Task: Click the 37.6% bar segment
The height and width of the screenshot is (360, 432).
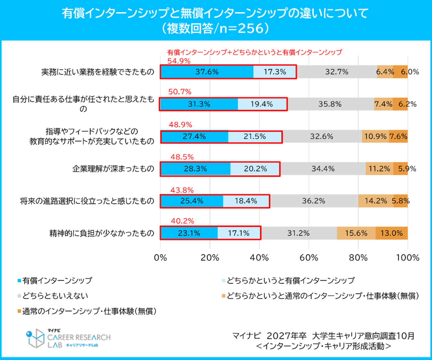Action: pyautogui.click(x=207, y=72)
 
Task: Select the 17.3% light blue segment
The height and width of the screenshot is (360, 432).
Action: pyautogui.click(x=274, y=72)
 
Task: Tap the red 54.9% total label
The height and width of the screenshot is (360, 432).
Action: pyautogui.click(x=179, y=61)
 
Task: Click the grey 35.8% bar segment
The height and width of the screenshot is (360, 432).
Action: pyautogui.click(x=330, y=104)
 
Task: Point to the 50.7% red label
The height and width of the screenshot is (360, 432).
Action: pyautogui.click(x=180, y=92)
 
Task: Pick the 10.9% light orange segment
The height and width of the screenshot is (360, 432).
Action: pyautogui.click(x=375, y=137)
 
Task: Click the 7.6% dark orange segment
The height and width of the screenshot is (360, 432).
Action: pyautogui.click(x=398, y=137)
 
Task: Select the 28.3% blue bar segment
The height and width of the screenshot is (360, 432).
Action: pyautogui.click(x=195, y=169)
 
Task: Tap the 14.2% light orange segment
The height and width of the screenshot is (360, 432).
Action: pyautogui.click(x=376, y=201)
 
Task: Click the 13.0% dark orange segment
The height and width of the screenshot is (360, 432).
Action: pyautogui.click(x=391, y=233)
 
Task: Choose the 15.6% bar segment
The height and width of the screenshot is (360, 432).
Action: pyautogui.click(x=356, y=233)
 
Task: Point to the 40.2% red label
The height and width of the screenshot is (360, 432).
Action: pyautogui.click(x=182, y=221)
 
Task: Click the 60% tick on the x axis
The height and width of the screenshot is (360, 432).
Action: pyautogui.click(x=309, y=258)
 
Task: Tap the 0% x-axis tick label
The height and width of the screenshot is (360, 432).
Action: pyautogui.click(x=161, y=258)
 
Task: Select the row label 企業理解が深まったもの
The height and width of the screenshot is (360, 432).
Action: pyautogui.click(x=113, y=169)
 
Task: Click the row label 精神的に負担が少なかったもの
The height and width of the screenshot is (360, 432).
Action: pyautogui.click(x=102, y=233)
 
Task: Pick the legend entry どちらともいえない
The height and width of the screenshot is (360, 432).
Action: pyautogui.click(x=55, y=296)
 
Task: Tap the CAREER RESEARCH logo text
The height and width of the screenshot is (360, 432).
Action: pyautogui.click(x=79, y=337)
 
